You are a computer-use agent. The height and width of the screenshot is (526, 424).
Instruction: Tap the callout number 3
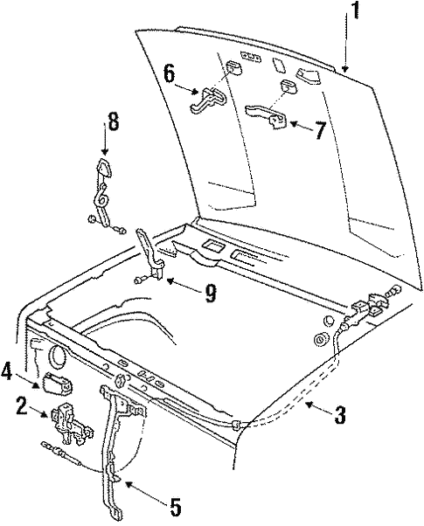[339, 416]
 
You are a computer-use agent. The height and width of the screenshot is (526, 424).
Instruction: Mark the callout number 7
[320, 132]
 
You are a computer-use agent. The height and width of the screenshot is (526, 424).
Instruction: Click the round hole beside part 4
[60, 357]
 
